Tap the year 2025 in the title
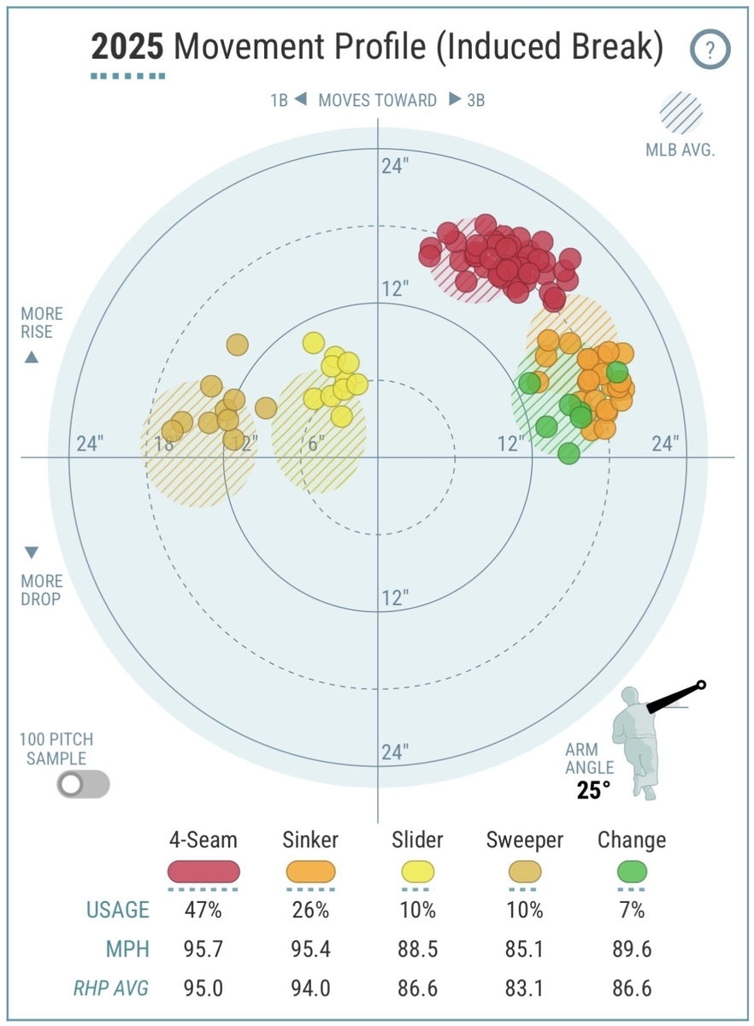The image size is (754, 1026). (x=127, y=48)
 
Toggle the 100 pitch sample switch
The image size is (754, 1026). (x=83, y=784)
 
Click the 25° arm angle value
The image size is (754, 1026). (x=593, y=791)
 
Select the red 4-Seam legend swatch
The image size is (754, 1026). (x=203, y=872)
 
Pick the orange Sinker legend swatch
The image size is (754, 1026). (x=310, y=872)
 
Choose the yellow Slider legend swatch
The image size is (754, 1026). (x=417, y=872)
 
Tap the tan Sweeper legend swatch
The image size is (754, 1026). (x=525, y=872)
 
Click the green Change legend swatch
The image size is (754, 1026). (x=632, y=872)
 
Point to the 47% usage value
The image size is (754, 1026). (x=203, y=910)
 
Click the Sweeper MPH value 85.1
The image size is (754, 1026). (x=525, y=949)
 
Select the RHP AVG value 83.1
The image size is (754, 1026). (x=525, y=988)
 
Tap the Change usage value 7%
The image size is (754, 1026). (x=632, y=910)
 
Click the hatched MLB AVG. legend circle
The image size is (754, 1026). (x=680, y=113)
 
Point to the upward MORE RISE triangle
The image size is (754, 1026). (x=32, y=357)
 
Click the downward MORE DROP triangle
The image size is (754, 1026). (x=32, y=552)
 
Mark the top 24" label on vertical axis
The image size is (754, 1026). (x=394, y=166)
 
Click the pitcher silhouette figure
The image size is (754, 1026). (x=639, y=740)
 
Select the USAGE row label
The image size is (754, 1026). (x=117, y=910)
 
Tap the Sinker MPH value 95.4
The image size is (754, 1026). (x=310, y=949)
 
